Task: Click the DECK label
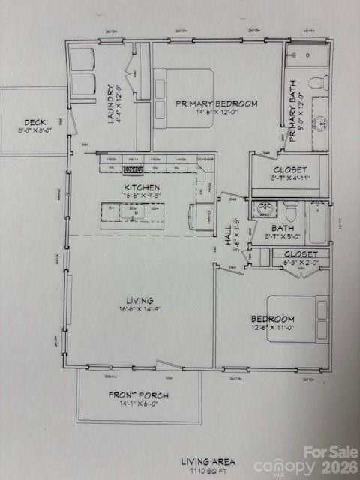34,121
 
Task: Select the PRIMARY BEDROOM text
217,103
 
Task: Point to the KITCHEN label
142,187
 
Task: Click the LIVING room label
139,299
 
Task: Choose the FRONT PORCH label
138,394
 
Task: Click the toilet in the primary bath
319,81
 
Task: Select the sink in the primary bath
320,120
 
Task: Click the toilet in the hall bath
290,213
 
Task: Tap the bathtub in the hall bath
318,223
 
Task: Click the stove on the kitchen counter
133,170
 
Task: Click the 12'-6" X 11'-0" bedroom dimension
272,328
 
